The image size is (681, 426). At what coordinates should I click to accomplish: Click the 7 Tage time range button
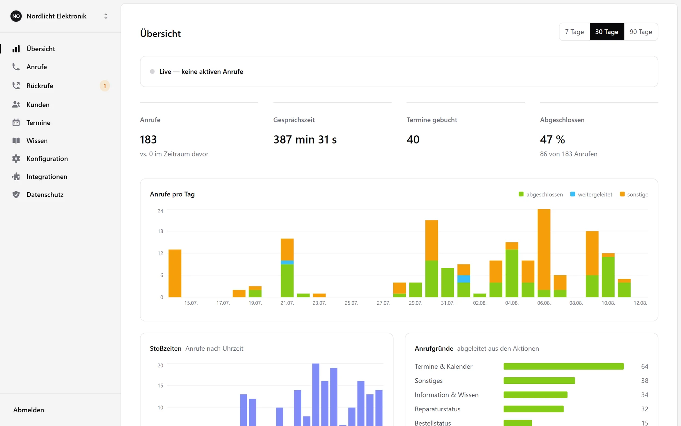(x=574, y=32)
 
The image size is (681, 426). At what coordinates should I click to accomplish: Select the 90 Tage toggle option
(x=641, y=32)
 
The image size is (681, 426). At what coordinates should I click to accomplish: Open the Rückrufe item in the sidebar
(x=40, y=86)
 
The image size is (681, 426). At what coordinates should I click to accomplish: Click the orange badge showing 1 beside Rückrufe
(x=105, y=86)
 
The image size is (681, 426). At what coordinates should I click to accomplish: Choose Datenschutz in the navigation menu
(x=45, y=195)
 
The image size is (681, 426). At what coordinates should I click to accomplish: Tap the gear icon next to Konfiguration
(x=16, y=158)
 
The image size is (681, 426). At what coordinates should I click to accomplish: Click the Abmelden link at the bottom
(x=29, y=410)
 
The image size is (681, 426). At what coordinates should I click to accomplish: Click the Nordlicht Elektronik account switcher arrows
(x=106, y=16)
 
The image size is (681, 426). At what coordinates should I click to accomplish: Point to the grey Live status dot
(x=152, y=72)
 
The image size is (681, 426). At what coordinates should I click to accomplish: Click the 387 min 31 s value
(x=305, y=139)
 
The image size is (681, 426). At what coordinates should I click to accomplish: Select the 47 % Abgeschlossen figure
(x=552, y=139)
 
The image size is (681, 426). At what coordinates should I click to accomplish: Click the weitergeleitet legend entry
(x=591, y=194)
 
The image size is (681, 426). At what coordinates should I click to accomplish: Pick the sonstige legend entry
(x=634, y=194)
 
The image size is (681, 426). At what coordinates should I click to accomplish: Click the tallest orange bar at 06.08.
(x=544, y=249)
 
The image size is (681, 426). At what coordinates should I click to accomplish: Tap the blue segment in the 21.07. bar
(x=287, y=262)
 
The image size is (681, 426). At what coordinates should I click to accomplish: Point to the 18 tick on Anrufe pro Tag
(x=160, y=231)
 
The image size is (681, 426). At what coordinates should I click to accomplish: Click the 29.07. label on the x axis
(x=415, y=303)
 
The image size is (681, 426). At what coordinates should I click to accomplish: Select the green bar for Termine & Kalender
(x=564, y=366)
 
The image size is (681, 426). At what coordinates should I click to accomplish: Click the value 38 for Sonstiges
(x=645, y=381)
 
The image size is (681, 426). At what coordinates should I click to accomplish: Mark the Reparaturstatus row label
(x=438, y=409)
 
